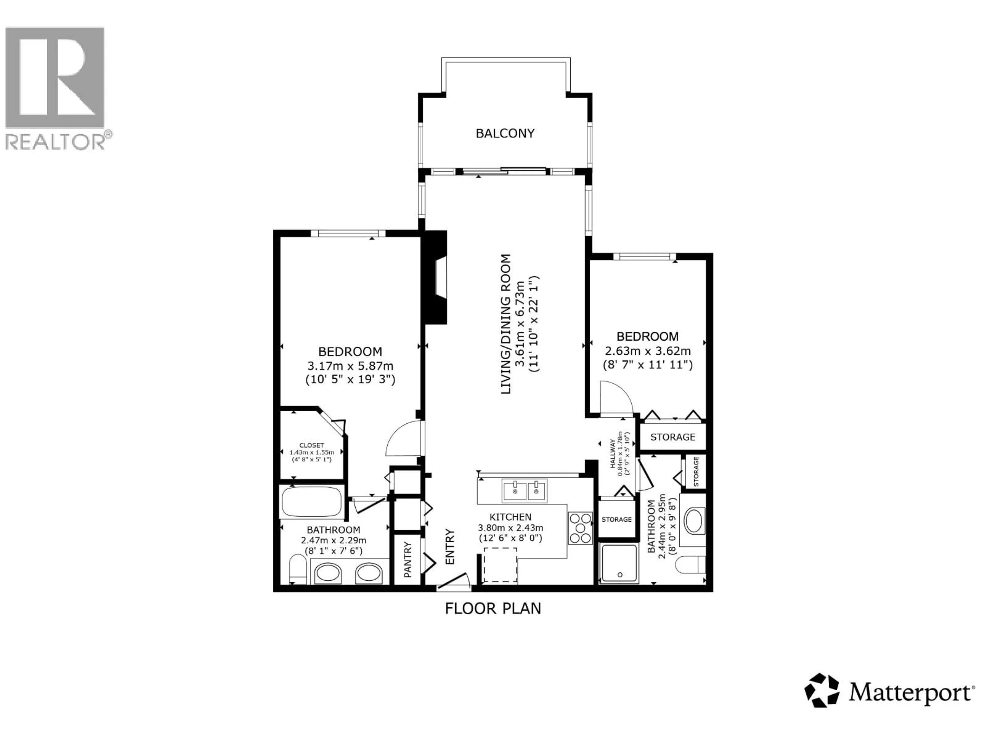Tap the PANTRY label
[x=408, y=559]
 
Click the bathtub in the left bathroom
[x=312, y=502]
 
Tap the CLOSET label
[x=311, y=445]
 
